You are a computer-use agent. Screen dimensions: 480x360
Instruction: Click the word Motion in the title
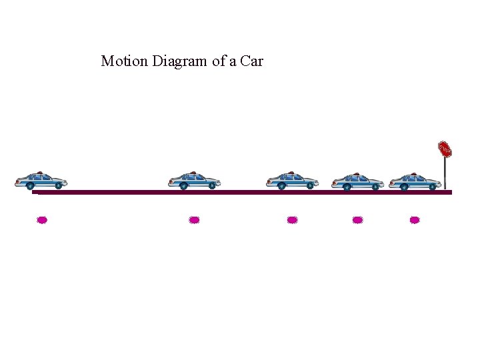coord(125,61)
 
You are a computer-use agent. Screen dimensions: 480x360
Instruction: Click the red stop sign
coord(445,149)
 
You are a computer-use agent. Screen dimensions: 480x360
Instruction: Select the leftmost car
coord(41,180)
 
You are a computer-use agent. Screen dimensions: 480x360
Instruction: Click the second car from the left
coord(194,180)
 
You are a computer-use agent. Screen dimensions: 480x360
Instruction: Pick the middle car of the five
coord(292,180)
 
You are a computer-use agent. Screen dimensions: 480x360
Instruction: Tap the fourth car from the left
coord(357,180)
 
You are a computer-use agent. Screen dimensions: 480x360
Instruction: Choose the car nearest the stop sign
coord(415,180)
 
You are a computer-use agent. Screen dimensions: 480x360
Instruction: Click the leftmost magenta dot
coord(42,219)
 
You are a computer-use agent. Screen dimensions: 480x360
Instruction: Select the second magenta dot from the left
coord(194,219)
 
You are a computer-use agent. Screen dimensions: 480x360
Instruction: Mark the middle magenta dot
coord(292,219)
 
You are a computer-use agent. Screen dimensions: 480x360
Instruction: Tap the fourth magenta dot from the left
coord(357,219)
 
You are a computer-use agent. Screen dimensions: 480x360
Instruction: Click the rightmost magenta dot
coord(415,219)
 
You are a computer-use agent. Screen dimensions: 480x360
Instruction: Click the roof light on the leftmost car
coord(40,173)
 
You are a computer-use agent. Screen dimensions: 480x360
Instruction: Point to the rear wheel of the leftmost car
coord(30,186)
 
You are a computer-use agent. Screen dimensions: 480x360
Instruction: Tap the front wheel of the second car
coord(211,186)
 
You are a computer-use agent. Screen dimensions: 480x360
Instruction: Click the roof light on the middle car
coord(291,173)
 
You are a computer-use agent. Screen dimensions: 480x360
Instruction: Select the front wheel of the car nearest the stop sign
coord(432,186)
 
